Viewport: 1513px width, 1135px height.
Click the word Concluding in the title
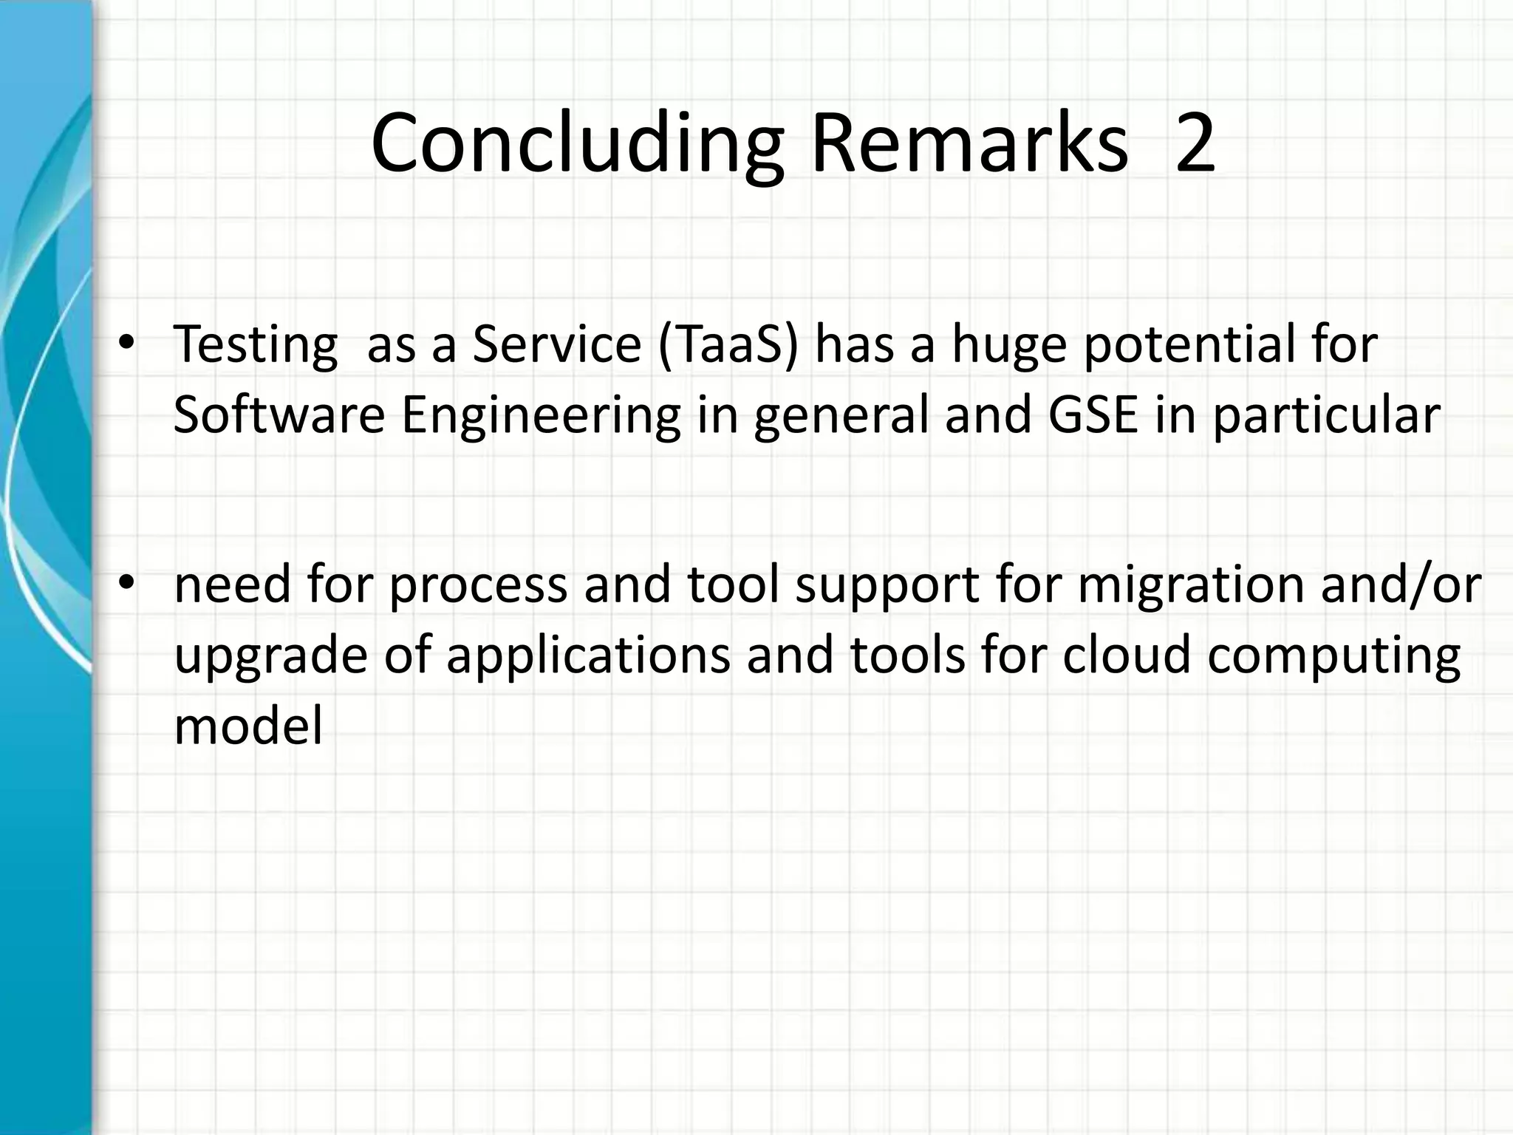[576, 144]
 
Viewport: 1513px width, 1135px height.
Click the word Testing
[255, 346]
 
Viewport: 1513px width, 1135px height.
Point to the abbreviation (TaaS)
[728, 344]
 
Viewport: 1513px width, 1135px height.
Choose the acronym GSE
[1093, 415]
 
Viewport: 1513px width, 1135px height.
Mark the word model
[248, 726]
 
